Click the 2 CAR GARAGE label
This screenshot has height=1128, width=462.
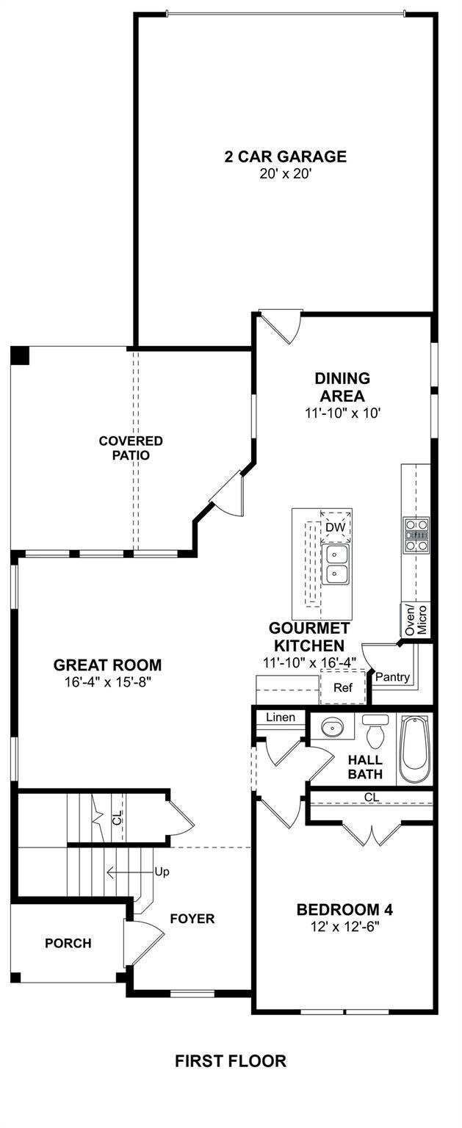coord(285,156)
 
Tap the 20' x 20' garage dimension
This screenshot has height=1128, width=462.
coord(285,174)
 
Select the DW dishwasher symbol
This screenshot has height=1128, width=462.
coord(336,527)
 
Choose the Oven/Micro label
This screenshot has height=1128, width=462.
coord(416,619)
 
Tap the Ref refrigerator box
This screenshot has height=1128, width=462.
coord(342,687)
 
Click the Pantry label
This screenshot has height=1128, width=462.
coord(392,677)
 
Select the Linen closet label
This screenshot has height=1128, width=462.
coord(281,717)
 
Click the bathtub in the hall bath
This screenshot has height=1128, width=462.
coord(414,748)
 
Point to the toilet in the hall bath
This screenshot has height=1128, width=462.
coord(375,731)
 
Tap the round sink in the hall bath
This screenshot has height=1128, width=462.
coord(331,727)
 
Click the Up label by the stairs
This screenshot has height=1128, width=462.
coord(162,872)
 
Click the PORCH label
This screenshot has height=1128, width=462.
coord(68,943)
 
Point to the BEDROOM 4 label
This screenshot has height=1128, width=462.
coord(344,910)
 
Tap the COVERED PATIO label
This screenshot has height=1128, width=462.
coord(131,448)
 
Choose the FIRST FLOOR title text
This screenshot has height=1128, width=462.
coord(231,1061)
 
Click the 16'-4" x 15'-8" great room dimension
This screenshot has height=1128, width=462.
coord(108,682)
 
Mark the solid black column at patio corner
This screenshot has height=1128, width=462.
coord(21,355)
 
